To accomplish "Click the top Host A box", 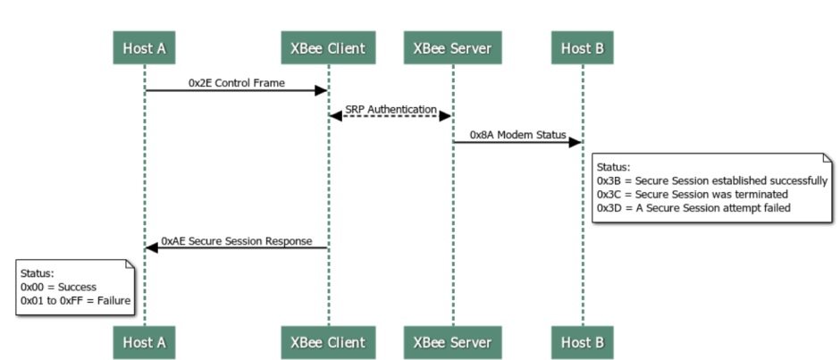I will (x=144, y=48).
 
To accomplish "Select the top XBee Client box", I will (x=327, y=48).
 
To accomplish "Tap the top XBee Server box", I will (x=452, y=48).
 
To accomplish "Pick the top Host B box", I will (x=583, y=48).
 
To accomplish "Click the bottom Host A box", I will (x=144, y=342).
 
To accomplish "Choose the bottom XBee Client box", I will (x=327, y=342).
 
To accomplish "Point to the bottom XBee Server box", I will (x=452, y=342).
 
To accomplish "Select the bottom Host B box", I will (x=583, y=342).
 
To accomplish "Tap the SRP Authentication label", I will (x=391, y=109).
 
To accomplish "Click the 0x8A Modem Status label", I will (x=517, y=135).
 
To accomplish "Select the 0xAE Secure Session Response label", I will (x=236, y=240).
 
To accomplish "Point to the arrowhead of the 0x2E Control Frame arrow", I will (x=320, y=90).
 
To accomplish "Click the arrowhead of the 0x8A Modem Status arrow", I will (x=575, y=142).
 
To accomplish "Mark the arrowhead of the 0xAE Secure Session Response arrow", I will (x=152, y=248).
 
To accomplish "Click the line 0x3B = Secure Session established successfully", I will (x=712, y=180).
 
